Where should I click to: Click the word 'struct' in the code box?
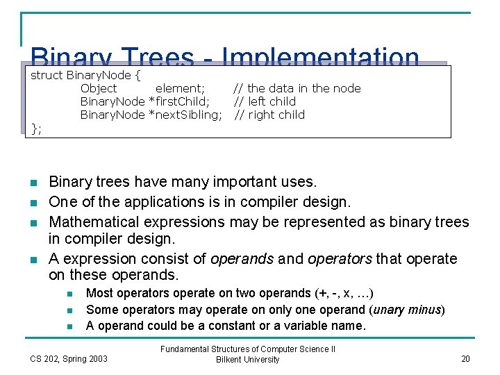coord(47,74)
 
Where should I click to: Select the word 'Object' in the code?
coord(99,88)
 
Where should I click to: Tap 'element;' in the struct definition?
coord(180,88)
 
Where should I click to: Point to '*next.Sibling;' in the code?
coord(185,115)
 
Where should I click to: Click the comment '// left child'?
coord(264,101)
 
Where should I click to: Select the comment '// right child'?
coord(269,115)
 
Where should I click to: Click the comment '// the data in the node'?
coord(297,88)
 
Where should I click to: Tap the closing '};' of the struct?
coord(36,128)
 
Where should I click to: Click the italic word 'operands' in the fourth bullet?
coord(242,259)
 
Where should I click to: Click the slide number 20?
coord(465,358)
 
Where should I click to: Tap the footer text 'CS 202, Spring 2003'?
coord(69,358)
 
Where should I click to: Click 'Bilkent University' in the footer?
coord(248,360)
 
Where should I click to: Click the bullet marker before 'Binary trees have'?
coord(33,183)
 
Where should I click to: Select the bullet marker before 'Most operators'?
coord(72,294)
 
